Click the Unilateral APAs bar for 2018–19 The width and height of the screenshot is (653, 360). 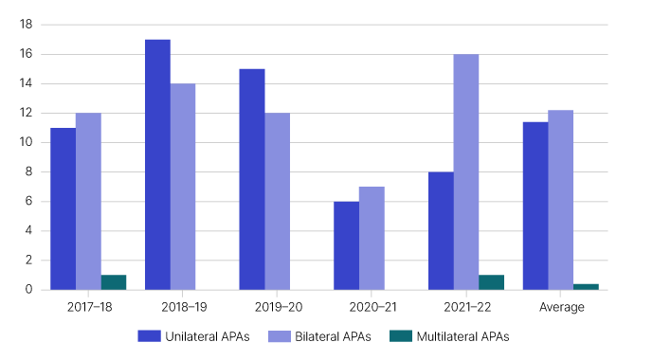click(x=157, y=164)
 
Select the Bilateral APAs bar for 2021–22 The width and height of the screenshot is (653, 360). click(x=466, y=171)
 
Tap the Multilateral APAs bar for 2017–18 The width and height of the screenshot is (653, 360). click(x=114, y=281)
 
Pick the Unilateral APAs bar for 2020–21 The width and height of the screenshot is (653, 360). click(x=347, y=245)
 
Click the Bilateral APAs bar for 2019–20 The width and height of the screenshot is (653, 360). click(x=277, y=201)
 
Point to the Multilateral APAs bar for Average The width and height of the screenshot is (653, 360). click(x=586, y=286)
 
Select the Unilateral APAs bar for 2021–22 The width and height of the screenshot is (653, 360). click(x=441, y=230)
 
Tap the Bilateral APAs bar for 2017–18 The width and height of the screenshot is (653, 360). click(x=88, y=201)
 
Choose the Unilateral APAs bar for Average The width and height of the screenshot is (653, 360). click(x=535, y=206)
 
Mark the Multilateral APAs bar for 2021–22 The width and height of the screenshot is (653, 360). click(x=492, y=281)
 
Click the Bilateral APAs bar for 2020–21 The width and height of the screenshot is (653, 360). click(x=372, y=238)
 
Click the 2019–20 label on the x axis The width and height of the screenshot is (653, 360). click(x=278, y=307)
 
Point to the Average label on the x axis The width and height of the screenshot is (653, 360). click(x=561, y=307)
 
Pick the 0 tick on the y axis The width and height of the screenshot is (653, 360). click(x=29, y=289)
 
